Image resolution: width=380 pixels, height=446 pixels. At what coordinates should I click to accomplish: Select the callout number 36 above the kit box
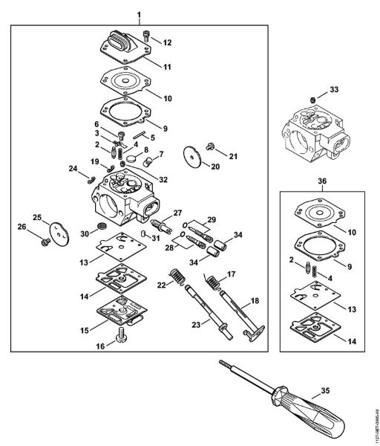click(321, 181)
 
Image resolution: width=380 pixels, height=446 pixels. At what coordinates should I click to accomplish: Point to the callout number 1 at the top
click(139, 15)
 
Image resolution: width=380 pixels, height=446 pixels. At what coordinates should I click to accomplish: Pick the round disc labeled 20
click(195, 157)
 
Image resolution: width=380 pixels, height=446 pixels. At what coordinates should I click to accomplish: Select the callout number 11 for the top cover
click(168, 67)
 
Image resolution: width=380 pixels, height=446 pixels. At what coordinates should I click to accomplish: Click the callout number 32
click(164, 179)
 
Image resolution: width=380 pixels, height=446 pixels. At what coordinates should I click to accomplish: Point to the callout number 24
click(73, 169)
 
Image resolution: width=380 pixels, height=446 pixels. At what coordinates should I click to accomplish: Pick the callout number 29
click(211, 219)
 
